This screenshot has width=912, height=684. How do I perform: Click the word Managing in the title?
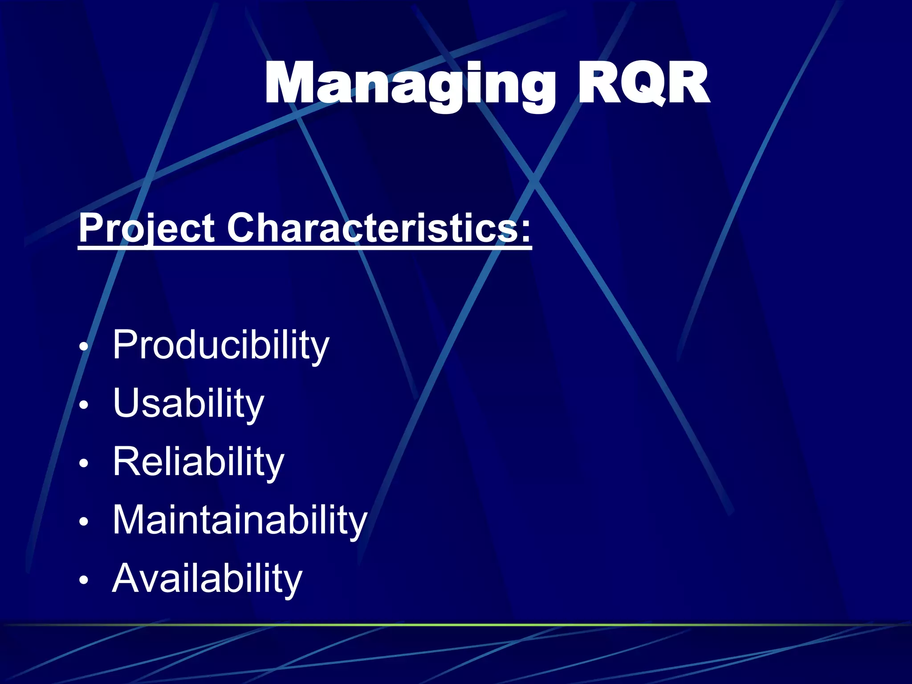point(410,85)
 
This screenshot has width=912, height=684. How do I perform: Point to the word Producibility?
point(220,345)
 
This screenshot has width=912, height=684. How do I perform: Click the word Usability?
point(188,403)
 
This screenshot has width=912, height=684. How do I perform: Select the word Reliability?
point(198,462)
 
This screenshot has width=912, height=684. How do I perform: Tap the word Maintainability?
point(240,520)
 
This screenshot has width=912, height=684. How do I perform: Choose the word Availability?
point(207,578)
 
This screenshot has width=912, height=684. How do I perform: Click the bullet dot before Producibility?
point(84,346)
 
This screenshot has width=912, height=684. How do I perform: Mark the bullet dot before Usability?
point(84,405)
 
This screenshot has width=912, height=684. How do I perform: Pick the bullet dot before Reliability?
point(84,463)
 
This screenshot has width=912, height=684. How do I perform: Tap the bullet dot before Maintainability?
point(84,521)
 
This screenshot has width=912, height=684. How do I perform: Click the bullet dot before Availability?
point(84,580)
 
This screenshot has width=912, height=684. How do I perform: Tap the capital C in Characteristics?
point(243,228)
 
